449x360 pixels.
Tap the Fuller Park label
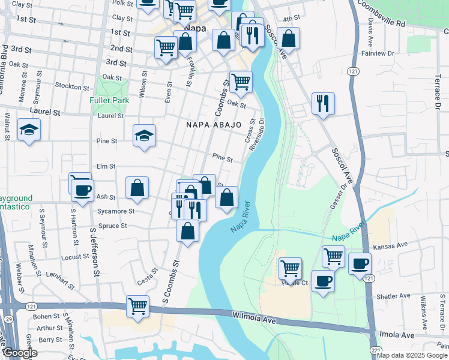(x=109, y=100)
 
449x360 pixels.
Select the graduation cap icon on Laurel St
(x=28, y=130)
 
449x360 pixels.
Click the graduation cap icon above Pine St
(x=144, y=135)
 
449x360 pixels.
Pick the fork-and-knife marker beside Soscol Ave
(x=324, y=104)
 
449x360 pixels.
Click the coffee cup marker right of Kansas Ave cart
(x=360, y=263)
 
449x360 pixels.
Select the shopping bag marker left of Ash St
(x=137, y=187)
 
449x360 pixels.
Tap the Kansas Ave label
(x=390, y=245)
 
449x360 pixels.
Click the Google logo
(x=20, y=353)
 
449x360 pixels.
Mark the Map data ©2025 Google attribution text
(x=411, y=355)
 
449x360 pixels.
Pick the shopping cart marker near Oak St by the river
(x=240, y=82)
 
